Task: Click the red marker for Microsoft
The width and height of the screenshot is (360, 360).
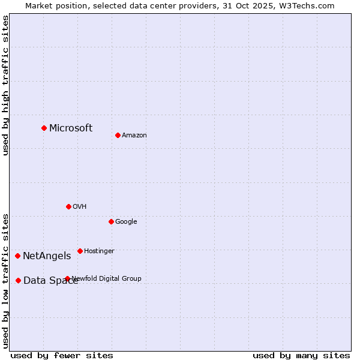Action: pos(44,128)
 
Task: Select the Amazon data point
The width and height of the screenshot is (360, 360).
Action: pos(118,135)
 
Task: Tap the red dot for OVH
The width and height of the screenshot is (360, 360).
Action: pos(68,206)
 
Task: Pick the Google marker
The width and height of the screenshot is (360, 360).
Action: pos(111,221)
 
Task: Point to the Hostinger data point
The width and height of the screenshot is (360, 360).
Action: pos(80,251)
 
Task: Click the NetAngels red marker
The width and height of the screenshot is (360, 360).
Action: pos(17,256)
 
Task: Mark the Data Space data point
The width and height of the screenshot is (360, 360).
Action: pos(18,280)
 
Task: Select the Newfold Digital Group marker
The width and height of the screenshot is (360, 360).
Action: pos(67,278)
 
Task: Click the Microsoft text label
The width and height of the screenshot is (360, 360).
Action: pos(71,128)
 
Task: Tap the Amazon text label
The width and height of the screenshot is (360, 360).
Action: pos(134,136)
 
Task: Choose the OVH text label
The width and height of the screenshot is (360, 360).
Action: pos(80,207)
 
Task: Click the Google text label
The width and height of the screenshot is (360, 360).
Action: pos(126,222)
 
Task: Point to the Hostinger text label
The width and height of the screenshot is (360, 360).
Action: pos(99,251)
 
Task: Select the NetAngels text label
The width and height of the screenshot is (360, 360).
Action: pos(47,256)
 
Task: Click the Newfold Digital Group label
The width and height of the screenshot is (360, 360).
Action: pos(107,278)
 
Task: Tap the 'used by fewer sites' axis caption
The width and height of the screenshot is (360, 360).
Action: pos(62,355)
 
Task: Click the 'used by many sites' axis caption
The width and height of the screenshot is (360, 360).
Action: pos(301,355)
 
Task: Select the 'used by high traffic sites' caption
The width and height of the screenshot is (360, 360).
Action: pos(5,85)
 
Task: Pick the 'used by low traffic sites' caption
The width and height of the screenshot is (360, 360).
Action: pos(5,280)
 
